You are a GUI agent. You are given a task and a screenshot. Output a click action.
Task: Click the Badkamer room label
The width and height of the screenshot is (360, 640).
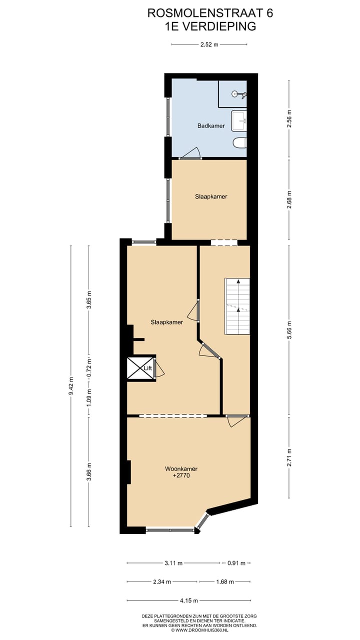210,126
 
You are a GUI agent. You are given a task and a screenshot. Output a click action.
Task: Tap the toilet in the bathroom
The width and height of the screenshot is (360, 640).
239,143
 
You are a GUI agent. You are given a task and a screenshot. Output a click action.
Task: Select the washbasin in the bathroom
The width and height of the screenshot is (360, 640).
238,120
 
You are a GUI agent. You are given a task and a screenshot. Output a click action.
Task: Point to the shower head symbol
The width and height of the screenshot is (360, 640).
239,93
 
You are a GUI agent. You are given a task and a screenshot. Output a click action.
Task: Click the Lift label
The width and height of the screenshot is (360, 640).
147,368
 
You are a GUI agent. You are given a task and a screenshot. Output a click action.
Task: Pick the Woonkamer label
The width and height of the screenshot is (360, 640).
181,469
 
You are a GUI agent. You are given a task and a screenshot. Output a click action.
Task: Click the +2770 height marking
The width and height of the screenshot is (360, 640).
181,476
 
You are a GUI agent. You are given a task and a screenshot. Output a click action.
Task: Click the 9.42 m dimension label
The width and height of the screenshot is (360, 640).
71,385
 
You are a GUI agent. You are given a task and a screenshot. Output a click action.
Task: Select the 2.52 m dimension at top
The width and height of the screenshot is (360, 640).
209,44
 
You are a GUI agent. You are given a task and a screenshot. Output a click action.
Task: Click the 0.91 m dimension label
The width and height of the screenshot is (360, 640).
236,563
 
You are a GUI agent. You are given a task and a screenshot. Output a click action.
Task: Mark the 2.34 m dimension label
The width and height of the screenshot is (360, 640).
162,581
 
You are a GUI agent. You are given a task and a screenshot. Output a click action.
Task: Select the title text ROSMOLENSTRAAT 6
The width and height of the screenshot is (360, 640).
210,13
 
